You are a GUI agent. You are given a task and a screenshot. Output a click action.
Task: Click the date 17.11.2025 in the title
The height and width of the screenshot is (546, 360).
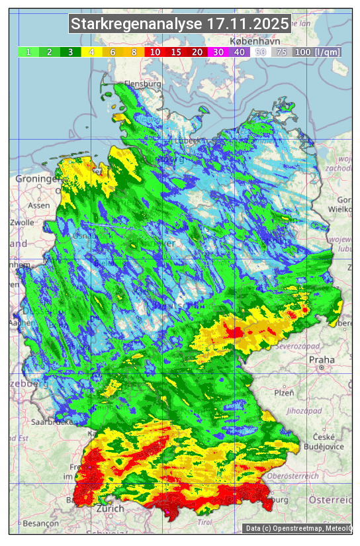click(x=247, y=24)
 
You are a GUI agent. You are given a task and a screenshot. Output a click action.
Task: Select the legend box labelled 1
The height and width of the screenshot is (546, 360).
click(x=28, y=52)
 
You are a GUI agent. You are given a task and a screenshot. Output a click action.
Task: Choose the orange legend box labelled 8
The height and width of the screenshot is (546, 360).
click(x=134, y=52)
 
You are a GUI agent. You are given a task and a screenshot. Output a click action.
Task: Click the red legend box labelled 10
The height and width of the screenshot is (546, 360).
click(x=155, y=52)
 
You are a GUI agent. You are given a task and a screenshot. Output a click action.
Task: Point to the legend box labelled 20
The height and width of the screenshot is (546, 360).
click(x=197, y=52)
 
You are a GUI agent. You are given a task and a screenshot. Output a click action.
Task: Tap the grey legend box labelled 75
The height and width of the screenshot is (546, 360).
click(x=281, y=52)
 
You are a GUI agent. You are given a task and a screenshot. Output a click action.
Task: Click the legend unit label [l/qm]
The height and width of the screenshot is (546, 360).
click(x=328, y=52)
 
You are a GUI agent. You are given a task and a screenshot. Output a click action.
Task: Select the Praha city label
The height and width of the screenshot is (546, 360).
click(x=322, y=360)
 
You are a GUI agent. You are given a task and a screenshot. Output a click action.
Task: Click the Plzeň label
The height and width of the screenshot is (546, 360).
click(x=284, y=392)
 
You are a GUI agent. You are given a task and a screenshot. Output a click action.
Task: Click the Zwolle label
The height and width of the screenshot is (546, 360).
click(x=22, y=222)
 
